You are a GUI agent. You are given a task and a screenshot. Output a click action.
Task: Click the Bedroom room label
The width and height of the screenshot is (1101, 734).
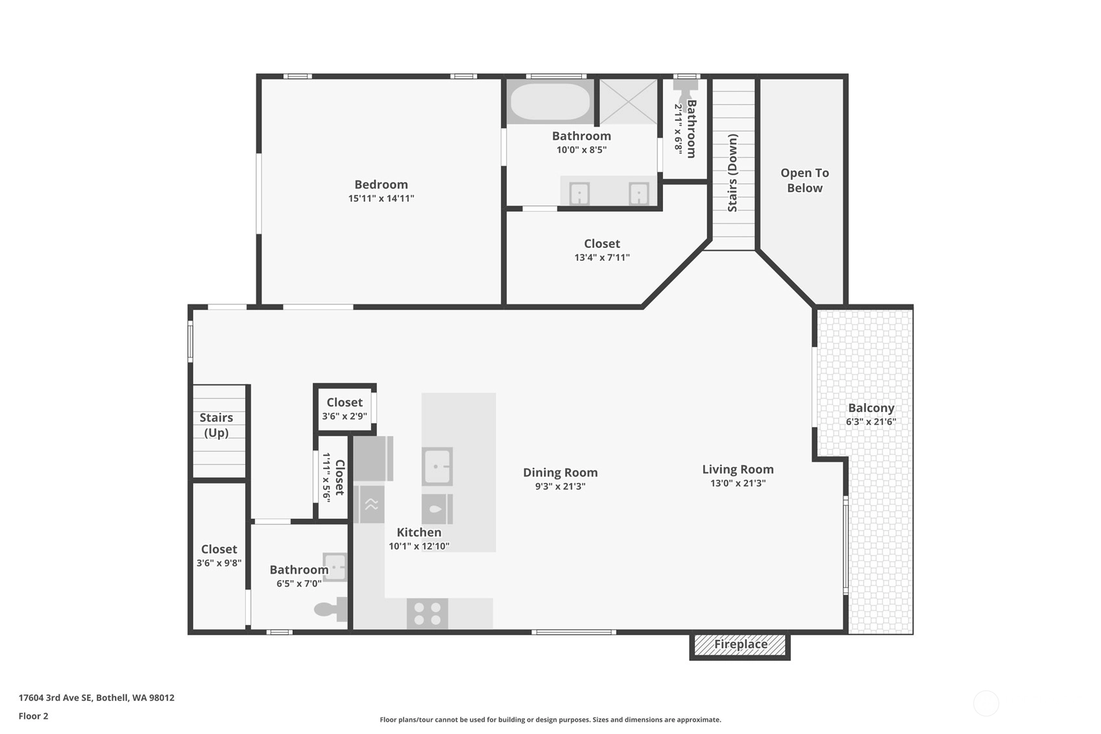[x=381, y=184]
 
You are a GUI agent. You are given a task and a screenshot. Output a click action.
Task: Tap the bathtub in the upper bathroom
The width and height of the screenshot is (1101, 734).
[x=550, y=101]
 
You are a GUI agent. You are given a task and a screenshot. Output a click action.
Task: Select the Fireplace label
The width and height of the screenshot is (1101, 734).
[x=740, y=644]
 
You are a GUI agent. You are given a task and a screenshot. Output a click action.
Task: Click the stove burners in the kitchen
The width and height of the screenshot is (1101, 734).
[x=427, y=613]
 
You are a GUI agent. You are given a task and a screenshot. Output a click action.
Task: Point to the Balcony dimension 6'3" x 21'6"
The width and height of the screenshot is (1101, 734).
[x=871, y=422]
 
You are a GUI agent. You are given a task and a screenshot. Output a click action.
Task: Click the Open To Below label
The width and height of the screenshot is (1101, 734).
[x=805, y=180]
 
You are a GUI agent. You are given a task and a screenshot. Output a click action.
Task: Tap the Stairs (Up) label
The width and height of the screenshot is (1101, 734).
[x=216, y=425]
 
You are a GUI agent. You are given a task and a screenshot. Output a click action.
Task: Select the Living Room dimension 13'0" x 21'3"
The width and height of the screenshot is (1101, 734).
[x=738, y=483]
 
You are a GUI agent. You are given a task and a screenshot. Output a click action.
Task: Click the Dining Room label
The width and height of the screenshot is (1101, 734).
[x=561, y=472]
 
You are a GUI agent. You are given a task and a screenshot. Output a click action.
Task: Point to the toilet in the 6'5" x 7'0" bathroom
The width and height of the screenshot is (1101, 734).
[x=331, y=609]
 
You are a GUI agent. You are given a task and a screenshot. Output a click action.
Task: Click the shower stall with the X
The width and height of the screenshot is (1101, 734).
[x=628, y=101]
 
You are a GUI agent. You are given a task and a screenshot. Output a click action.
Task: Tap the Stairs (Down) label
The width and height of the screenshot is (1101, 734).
[x=732, y=173]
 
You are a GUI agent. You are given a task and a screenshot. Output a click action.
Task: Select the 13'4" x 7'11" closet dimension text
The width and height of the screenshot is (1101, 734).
[x=601, y=258]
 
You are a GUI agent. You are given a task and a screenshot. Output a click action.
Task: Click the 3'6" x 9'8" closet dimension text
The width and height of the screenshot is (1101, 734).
[x=219, y=563]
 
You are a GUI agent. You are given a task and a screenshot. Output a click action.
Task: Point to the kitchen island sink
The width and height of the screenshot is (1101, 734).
[x=437, y=466]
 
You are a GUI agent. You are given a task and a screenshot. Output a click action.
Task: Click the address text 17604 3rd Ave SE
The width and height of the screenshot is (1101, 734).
[x=55, y=698]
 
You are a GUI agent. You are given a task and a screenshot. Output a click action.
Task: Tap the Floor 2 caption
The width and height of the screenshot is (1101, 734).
[x=34, y=716]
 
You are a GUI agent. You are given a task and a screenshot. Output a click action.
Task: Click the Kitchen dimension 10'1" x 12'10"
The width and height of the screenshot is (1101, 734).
[x=418, y=546]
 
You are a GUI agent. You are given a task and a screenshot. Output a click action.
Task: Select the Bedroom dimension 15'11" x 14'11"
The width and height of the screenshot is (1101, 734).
[x=381, y=199]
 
